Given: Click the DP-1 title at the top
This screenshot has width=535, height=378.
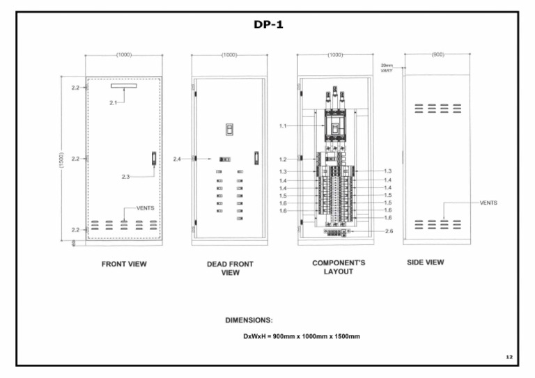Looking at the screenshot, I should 268,24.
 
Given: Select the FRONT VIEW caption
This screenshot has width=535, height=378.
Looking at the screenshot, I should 124,264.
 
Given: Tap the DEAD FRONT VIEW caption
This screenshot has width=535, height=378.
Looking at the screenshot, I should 230,268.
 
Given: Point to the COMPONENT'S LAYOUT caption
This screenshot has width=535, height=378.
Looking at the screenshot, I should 338,267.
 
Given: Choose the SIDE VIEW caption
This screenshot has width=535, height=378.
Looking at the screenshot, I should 425,262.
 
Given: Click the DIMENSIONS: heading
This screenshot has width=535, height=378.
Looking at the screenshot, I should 249,320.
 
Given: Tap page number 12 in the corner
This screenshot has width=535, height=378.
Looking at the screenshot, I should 509,356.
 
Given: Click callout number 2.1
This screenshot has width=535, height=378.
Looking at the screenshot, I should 114,102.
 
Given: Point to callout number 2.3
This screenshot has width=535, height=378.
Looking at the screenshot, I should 125,177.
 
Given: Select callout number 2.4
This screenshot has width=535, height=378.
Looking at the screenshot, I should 178,159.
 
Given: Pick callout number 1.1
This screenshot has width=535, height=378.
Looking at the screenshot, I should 283,126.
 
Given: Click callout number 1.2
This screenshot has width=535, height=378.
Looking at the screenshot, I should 283,159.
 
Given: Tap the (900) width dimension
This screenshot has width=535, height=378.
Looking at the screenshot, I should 437,54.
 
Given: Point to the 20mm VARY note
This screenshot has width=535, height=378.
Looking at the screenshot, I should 387,68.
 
